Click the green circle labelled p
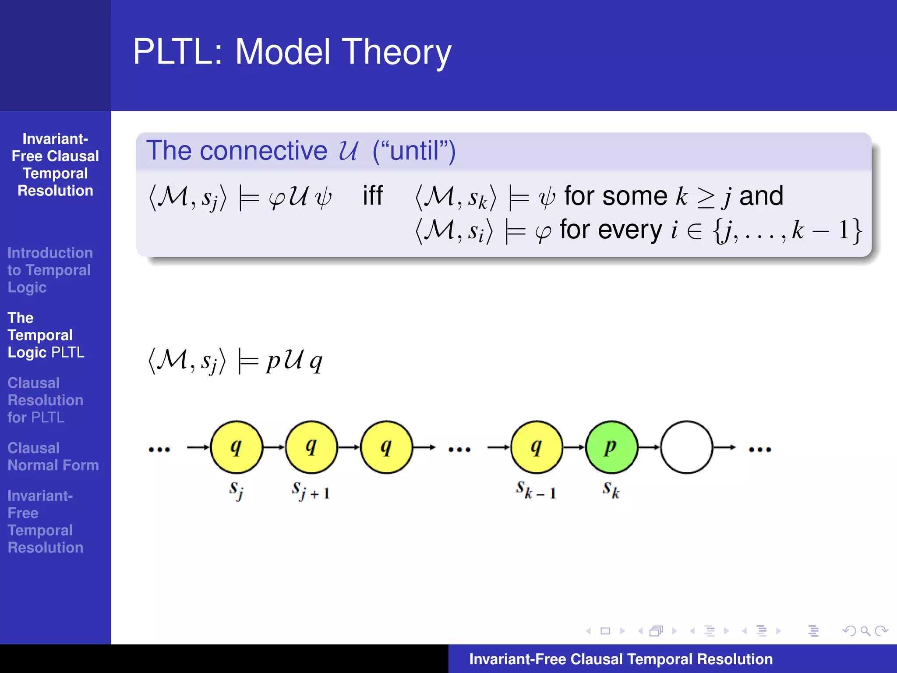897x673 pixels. pos(611,447)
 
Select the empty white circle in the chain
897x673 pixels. pos(686,447)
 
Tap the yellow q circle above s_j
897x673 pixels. pos(237,447)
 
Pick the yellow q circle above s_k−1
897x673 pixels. pos(537,447)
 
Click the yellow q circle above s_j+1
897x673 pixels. pos(311,447)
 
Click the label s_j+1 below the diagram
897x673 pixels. pos(311,491)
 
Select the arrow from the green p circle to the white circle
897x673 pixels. pos(649,447)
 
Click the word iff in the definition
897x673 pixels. pos(372,195)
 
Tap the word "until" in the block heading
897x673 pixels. pos(414,151)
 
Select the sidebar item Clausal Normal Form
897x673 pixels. pos(53,457)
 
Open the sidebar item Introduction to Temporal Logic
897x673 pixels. pos(49,270)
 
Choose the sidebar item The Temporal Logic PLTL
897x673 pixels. pos(46,335)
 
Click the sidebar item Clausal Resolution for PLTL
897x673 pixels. pos(45,400)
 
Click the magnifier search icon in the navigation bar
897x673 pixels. pos(865,631)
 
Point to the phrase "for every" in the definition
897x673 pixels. pos(611,230)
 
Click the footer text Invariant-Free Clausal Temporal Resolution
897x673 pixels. pos(621,659)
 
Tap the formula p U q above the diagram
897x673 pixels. pos(294,361)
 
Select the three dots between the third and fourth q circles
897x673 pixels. pos(459,449)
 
